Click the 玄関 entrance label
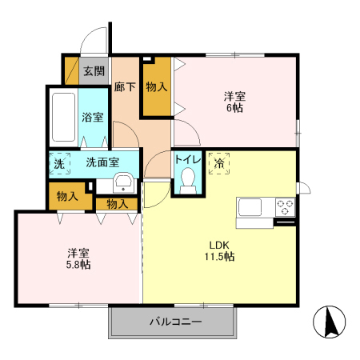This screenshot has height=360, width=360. pyautogui.click(x=94, y=70)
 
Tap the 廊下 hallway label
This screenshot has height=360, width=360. pyautogui.click(x=124, y=86)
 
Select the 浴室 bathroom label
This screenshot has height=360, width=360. pyautogui.click(x=93, y=117)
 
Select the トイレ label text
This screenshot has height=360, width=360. pyautogui.click(x=188, y=158)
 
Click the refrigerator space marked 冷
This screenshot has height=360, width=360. pyautogui.click(x=218, y=162)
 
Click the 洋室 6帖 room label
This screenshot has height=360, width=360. pyautogui.click(x=234, y=102)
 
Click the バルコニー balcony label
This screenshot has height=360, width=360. pyautogui.click(x=174, y=323)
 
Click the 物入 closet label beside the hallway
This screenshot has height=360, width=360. pyautogui.click(x=157, y=86)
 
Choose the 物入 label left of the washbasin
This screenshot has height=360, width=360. pyautogui.click(x=67, y=195)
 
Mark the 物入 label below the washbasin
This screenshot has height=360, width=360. pyautogui.click(x=117, y=204)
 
